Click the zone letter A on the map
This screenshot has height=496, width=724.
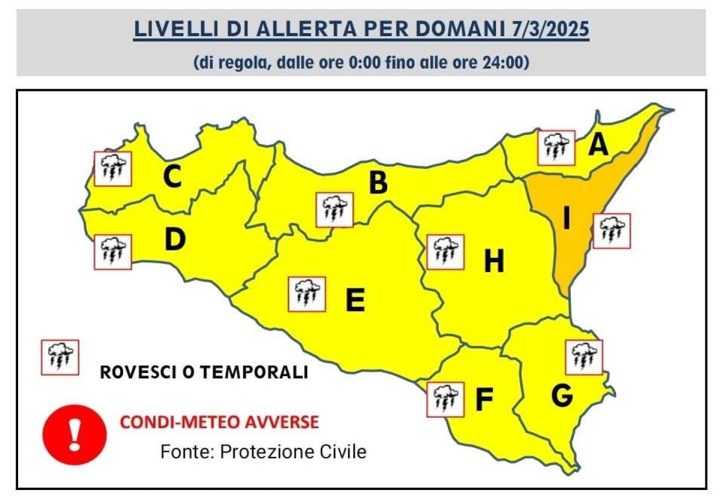click(x=598, y=145)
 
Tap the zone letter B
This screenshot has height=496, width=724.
click(x=378, y=183)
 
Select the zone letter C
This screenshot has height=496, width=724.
click(x=173, y=177)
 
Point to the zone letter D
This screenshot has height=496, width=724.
click(x=174, y=240)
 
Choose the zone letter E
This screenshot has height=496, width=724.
click(x=355, y=300)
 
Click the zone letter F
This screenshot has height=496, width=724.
click(x=483, y=400)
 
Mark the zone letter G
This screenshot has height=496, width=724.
click(x=562, y=396)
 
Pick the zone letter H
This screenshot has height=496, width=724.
click(x=494, y=262)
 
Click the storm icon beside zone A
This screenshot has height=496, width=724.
click(x=556, y=148)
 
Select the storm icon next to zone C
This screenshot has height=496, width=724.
click(x=113, y=168)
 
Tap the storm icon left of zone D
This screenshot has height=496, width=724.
click(x=113, y=252)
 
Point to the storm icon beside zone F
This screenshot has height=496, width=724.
click(x=445, y=399)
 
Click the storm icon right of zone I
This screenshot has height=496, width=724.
click(x=612, y=231)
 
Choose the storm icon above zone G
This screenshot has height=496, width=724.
click(x=583, y=357)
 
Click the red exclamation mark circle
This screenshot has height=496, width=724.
click(x=74, y=435)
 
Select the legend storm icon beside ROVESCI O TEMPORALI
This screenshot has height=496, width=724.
click(x=60, y=357)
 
